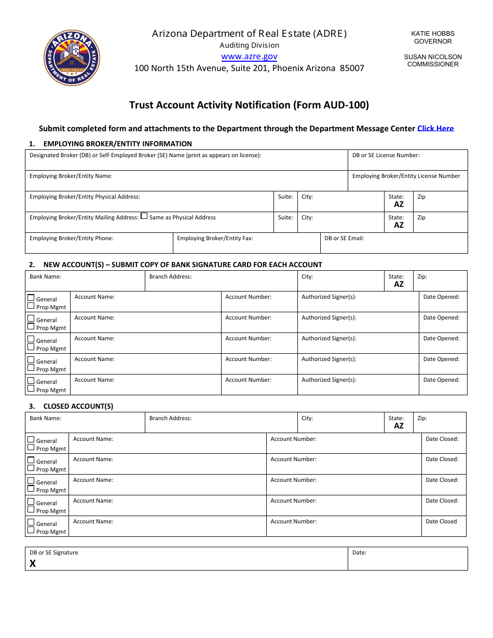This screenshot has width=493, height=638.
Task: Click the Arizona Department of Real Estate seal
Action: pos(72,58)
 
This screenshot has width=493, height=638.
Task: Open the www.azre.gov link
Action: pos(249,57)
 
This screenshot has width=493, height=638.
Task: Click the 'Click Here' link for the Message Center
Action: pos(435,128)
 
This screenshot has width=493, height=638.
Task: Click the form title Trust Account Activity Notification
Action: pos(249,105)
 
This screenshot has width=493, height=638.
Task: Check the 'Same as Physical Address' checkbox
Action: pos(144,216)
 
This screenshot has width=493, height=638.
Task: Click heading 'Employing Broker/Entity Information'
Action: pos(117,144)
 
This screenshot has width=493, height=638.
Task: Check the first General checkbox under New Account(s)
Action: pos(31,298)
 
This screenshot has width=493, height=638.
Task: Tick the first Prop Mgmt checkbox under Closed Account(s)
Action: pos(31,448)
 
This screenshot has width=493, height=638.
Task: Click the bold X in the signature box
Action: pos(33,563)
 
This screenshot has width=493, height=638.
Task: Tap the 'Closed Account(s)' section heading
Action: pos(78,406)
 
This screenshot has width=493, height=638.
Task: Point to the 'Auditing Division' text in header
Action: pos(249,45)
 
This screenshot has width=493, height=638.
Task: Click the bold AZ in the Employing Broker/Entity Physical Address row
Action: pos(399,204)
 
